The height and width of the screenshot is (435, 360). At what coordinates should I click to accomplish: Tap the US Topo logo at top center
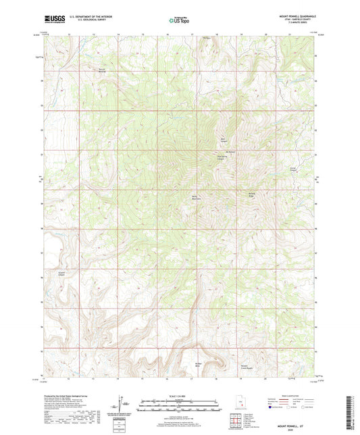pyautogui.click(x=180, y=21)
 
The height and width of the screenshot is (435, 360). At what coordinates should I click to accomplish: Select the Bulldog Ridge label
pyautogui.click(x=253, y=194)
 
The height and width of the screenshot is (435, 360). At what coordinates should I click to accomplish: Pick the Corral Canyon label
pyautogui.click(x=293, y=169)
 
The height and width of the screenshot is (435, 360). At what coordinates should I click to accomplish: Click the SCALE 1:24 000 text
pyautogui.click(x=179, y=396)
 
